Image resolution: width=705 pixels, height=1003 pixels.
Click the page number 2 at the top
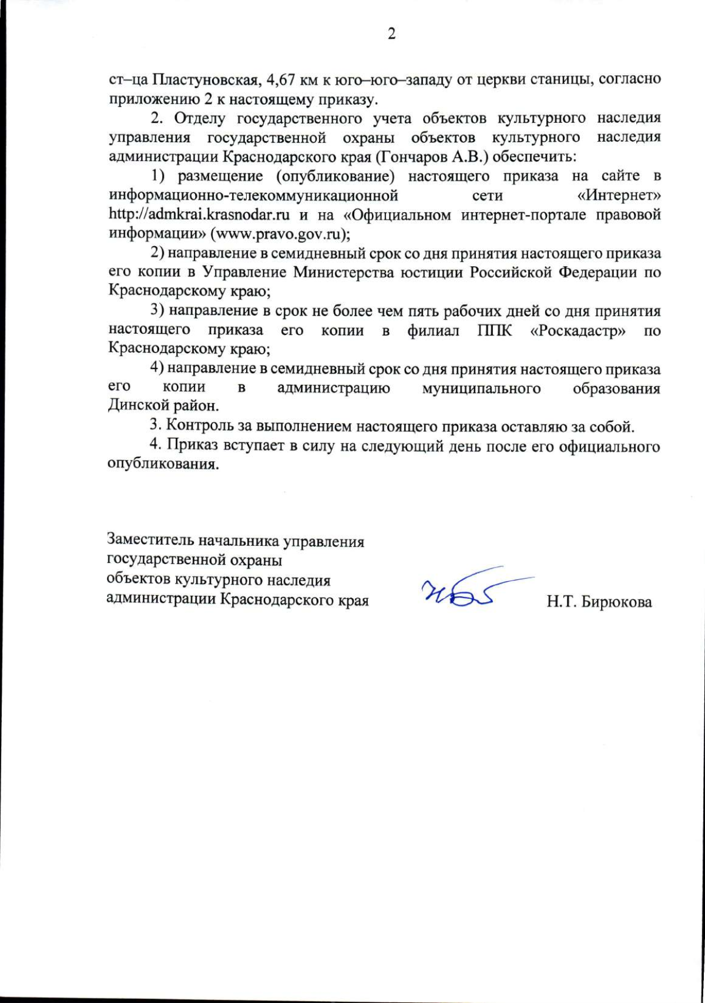click(391, 34)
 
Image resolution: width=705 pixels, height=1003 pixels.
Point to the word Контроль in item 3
click(196, 425)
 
